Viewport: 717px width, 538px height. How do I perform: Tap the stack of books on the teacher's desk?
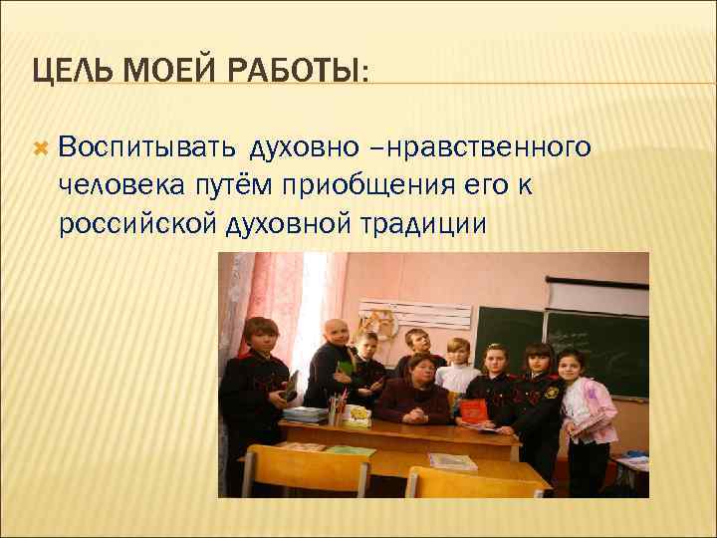click(306, 413)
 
